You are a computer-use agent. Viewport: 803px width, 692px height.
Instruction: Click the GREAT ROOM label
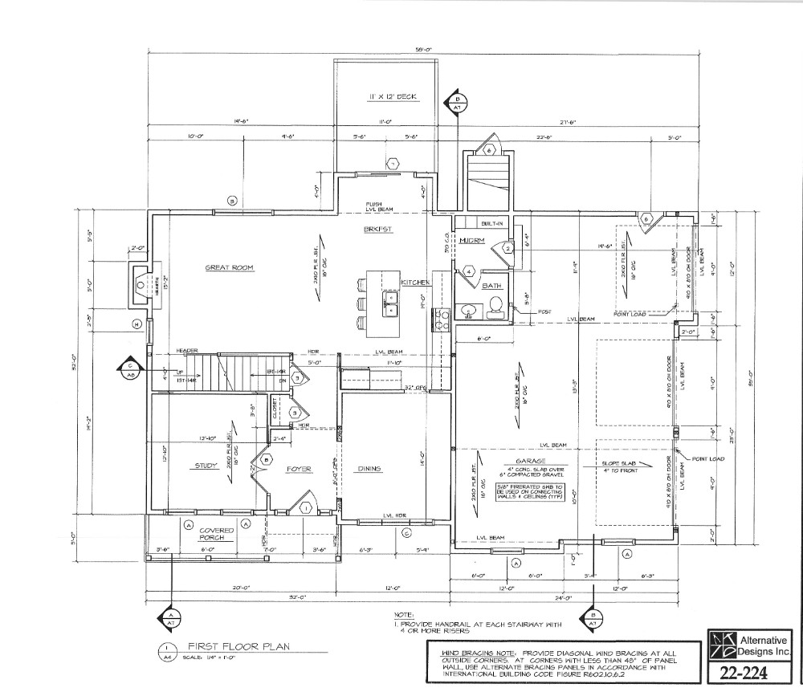230,268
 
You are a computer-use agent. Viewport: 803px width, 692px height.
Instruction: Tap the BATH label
491,285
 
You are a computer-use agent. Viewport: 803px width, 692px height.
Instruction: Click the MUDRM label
468,241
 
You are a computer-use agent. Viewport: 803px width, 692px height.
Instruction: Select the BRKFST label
378,230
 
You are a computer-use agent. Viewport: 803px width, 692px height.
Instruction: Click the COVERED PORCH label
217,534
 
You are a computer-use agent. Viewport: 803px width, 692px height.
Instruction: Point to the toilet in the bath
496,305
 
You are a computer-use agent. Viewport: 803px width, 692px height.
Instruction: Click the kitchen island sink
389,299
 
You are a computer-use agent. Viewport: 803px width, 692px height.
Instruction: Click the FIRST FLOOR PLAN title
228,645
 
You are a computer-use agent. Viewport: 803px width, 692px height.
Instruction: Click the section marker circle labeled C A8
129,368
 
